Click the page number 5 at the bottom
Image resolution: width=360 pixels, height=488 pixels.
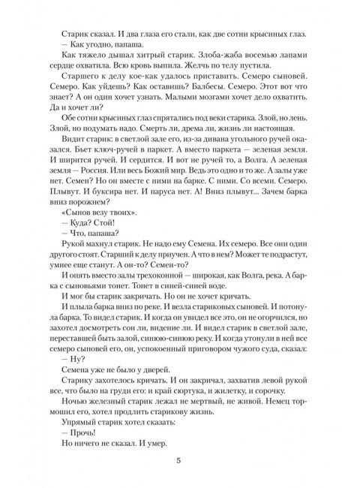180,460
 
